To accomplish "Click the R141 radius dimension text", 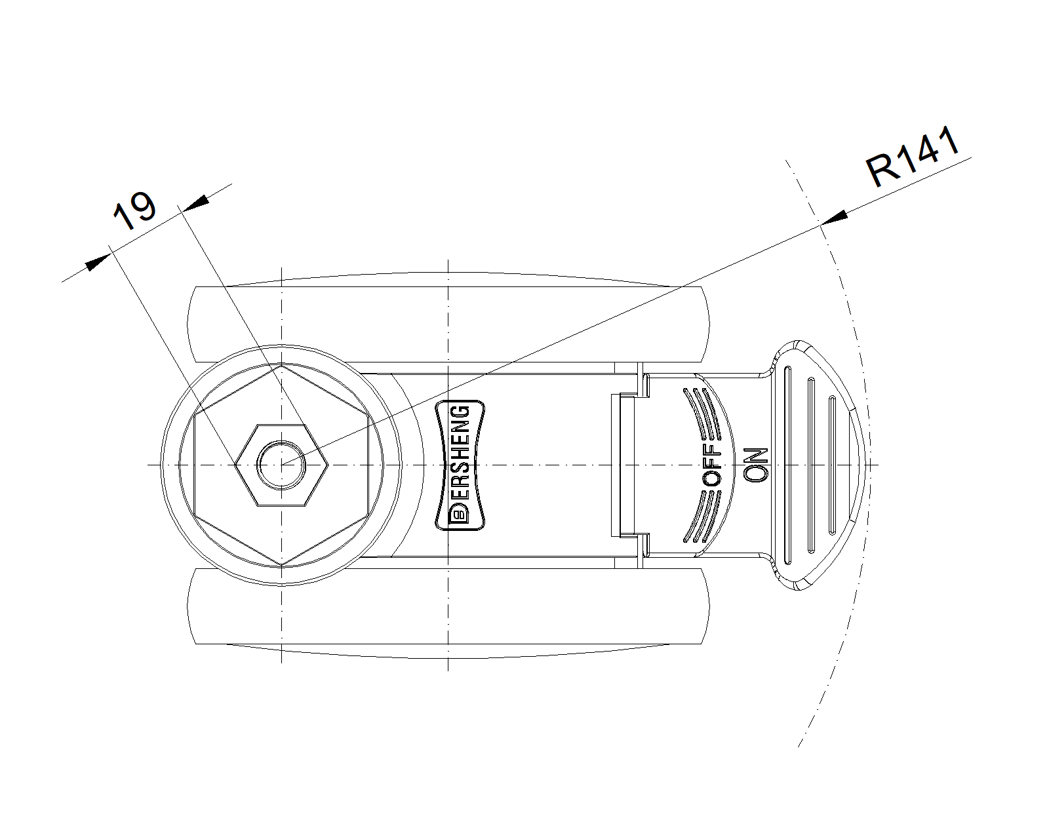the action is tap(913, 156).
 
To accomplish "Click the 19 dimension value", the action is tap(134, 210).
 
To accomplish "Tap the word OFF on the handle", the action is tap(712, 463).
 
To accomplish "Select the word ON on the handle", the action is tap(756, 465).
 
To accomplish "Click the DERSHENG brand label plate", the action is tap(460, 465).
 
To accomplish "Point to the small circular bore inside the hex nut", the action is tap(282, 465).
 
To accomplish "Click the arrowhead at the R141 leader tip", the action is tap(834, 218).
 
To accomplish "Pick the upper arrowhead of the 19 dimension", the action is tap(197, 203).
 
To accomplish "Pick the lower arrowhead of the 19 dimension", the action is tap(98, 262).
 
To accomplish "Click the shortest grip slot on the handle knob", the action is tap(832, 465).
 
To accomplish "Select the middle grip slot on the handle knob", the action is tap(811, 465).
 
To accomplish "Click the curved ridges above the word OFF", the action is tap(702, 412).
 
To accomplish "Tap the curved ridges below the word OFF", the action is tap(702, 517).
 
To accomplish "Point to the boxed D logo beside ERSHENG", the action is tap(459, 514).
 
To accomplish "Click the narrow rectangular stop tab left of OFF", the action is tap(623, 465).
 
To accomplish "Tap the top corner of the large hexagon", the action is tap(282, 364).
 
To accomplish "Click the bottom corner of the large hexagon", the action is tap(282, 566).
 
